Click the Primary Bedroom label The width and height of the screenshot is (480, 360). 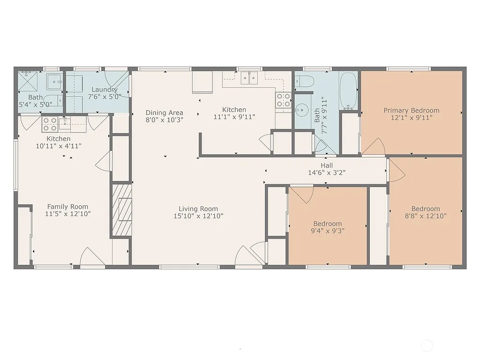click(411, 111)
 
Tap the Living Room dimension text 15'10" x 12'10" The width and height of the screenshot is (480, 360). click(198, 216)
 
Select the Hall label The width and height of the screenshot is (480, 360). click(327, 165)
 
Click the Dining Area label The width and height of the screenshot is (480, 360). click(164, 112)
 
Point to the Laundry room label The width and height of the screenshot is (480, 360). click(104, 90)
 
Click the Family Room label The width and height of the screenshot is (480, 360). click(67, 207)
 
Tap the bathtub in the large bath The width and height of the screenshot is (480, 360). click(348, 90)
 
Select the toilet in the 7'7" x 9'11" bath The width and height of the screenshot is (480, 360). click(304, 82)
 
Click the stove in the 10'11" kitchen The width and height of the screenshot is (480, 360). click(50, 124)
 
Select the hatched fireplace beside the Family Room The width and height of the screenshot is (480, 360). click(121, 209)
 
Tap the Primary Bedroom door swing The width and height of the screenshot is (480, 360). click(374, 147)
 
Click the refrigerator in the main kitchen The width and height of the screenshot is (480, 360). click(202, 82)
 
